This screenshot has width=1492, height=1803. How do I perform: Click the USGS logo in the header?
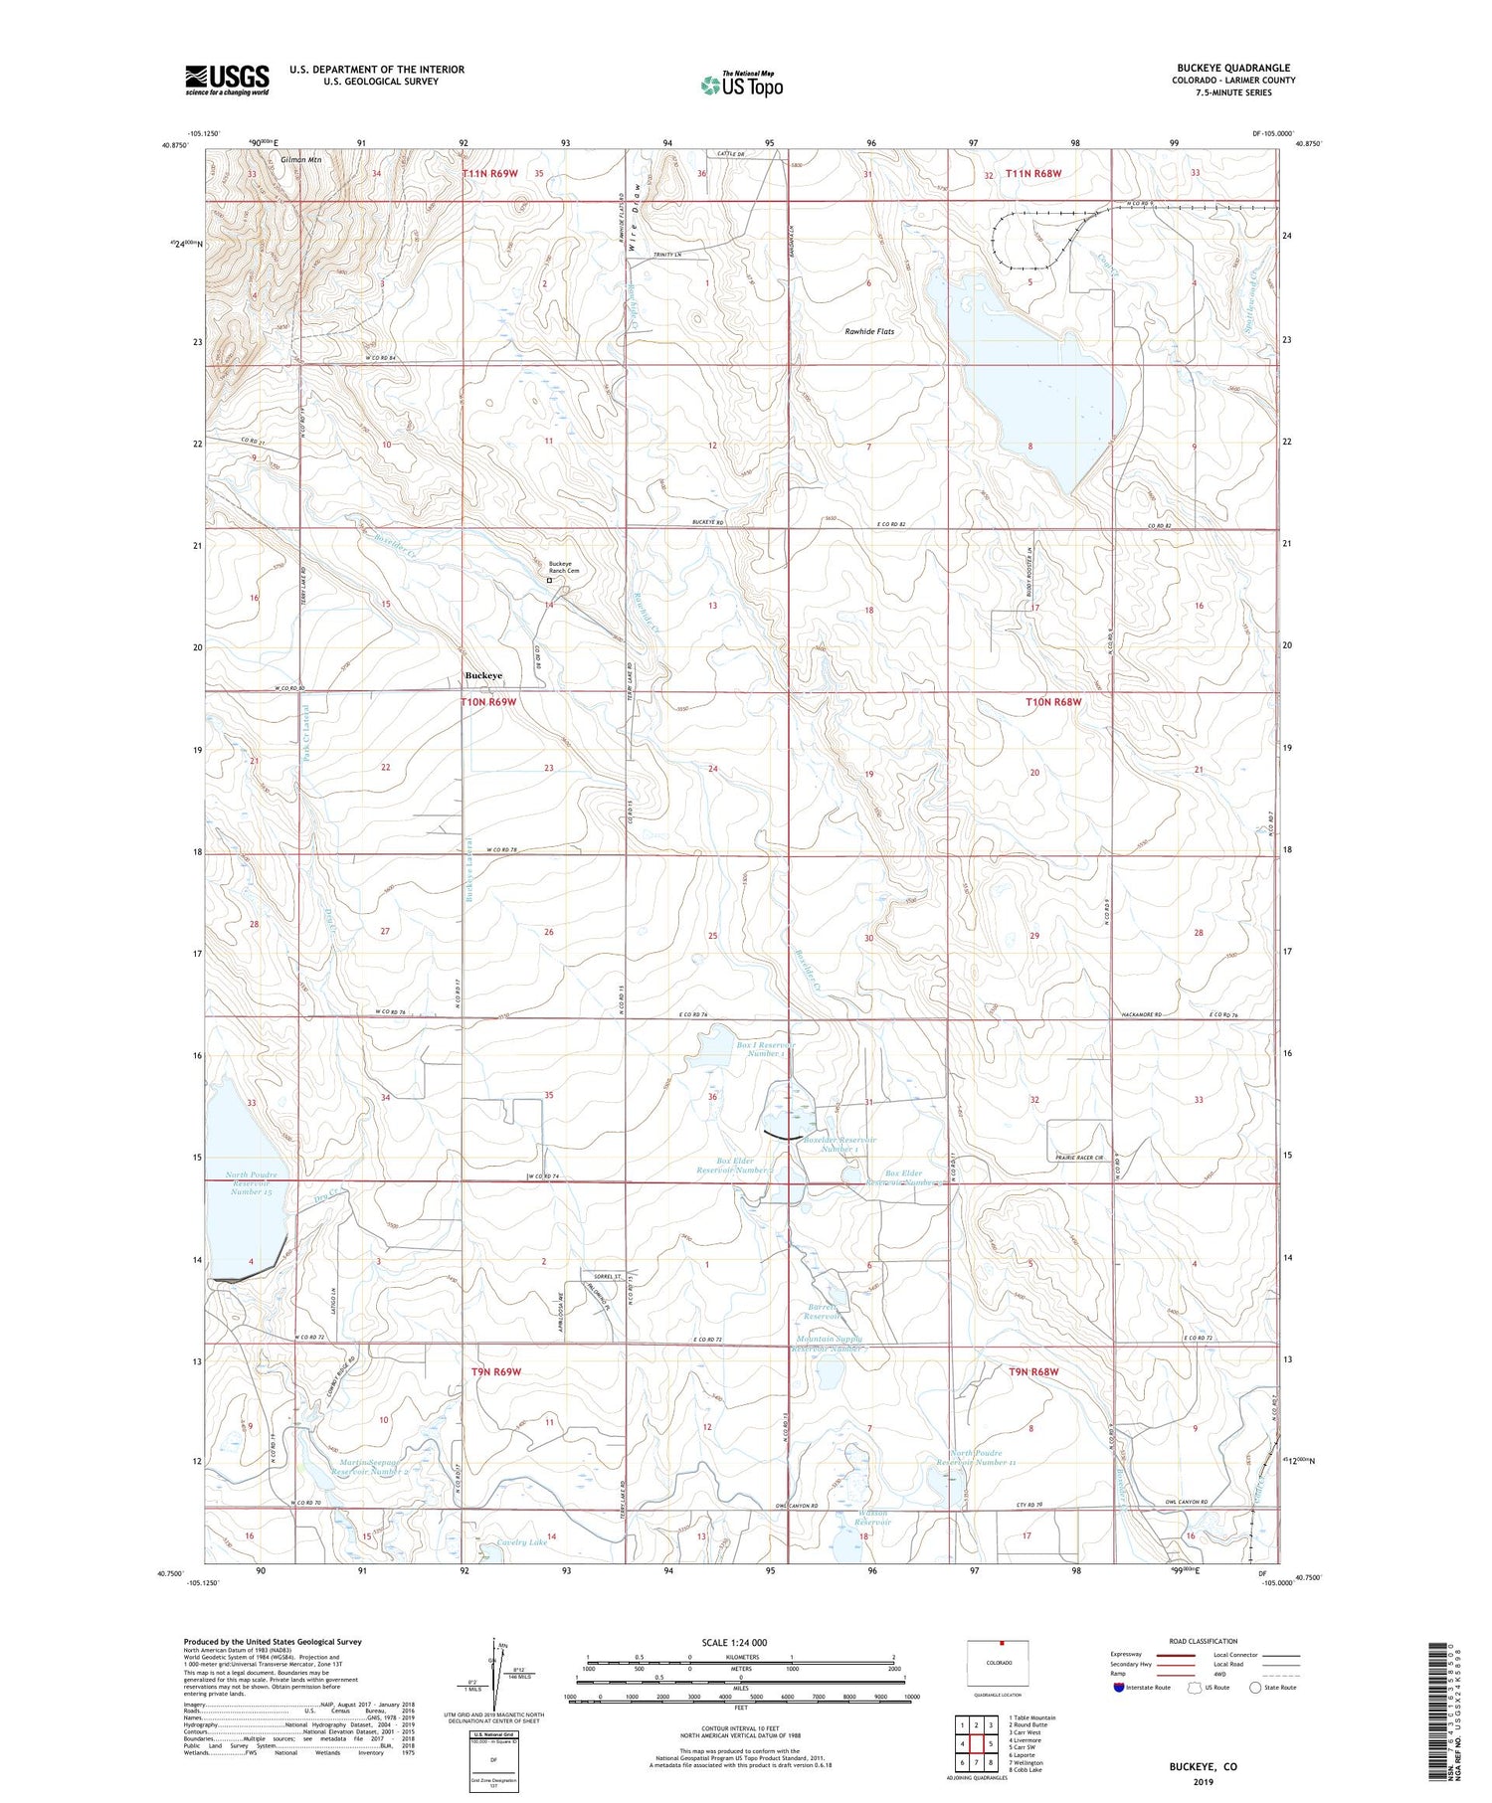pyautogui.click(x=227, y=80)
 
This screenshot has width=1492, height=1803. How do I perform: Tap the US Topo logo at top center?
pyautogui.click(x=741, y=86)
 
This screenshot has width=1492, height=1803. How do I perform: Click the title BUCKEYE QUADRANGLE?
pyautogui.click(x=1233, y=68)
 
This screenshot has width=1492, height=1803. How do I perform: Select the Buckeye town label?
pyautogui.click(x=483, y=675)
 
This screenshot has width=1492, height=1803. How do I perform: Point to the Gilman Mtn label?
pyautogui.click(x=300, y=159)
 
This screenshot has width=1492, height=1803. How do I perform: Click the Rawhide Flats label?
pyautogui.click(x=868, y=331)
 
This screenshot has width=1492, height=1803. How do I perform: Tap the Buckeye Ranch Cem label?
pyautogui.click(x=566, y=567)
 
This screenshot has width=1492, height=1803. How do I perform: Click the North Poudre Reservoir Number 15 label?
pyautogui.click(x=251, y=1182)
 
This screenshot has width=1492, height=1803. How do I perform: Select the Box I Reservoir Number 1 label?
pyautogui.click(x=760, y=1049)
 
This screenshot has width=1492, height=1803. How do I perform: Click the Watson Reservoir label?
pyautogui.click(x=872, y=1518)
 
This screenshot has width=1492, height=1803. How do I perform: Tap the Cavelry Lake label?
pyautogui.click(x=521, y=1542)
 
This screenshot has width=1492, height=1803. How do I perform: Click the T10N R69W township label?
pyautogui.click(x=488, y=702)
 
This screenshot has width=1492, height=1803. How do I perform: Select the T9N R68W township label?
pyautogui.click(x=1034, y=1371)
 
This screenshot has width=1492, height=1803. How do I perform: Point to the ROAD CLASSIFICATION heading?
pyautogui.click(x=1204, y=1641)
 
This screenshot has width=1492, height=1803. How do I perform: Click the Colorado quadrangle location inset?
pyautogui.click(x=998, y=1663)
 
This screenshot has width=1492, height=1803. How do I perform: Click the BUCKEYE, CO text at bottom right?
pyautogui.click(x=1203, y=1766)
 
